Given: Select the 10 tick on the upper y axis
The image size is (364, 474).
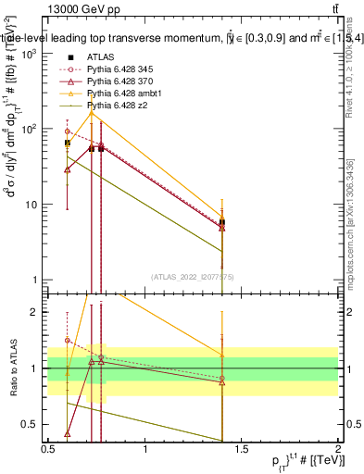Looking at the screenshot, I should pos(35,205).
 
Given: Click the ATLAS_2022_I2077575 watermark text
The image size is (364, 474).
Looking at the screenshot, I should pos(193,276).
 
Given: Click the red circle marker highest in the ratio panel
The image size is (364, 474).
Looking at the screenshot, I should pos(68,340).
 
